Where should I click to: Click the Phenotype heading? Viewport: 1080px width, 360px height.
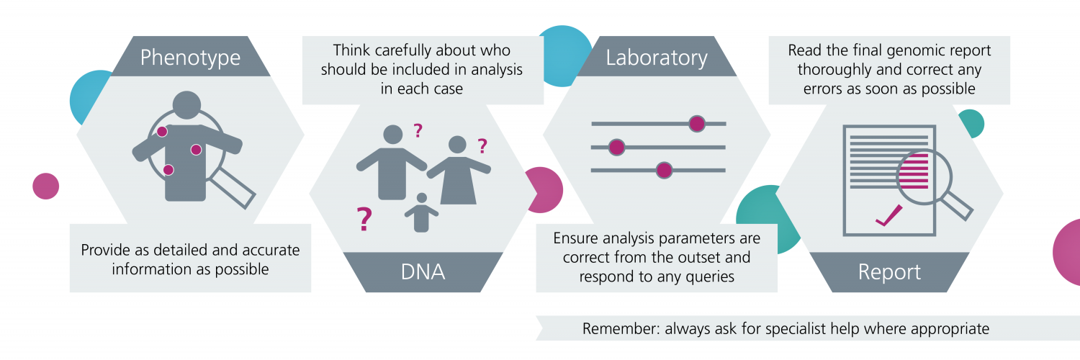pos(190,58)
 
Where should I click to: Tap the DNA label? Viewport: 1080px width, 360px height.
pos(423,272)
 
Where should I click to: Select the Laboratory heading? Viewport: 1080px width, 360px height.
pos(656,58)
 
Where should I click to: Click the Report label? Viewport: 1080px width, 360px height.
pos(889,272)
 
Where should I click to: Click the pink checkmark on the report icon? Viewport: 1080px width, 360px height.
pos(888,216)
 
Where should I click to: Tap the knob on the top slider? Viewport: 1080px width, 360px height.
pos(697,124)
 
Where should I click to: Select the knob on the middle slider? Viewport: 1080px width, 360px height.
pos(616,147)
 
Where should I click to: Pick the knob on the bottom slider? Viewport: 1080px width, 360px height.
pos(664,170)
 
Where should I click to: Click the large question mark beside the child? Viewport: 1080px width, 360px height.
pos(364,219)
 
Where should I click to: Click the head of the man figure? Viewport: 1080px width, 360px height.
pos(392,135)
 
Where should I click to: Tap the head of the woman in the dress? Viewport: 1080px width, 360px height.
pos(457,145)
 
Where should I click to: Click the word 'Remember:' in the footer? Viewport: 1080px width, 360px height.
pos(621,328)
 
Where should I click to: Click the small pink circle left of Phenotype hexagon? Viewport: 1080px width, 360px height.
pos(46,186)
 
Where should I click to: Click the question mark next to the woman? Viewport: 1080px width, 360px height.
pos(482,145)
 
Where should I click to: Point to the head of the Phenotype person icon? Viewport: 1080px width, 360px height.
pos(186,105)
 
